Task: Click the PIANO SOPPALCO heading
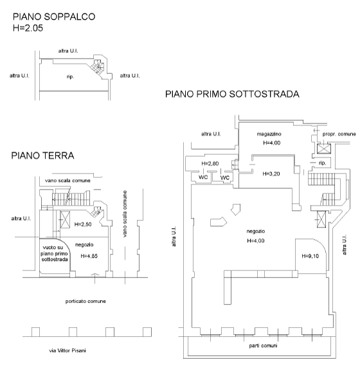[x=54, y=17]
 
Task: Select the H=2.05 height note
[x=28, y=28]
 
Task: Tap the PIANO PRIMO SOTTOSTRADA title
[x=232, y=94]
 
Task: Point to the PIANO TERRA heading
[x=42, y=156]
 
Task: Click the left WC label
[x=203, y=177]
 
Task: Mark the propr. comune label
[x=339, y=134]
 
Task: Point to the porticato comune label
[x=85, y=301]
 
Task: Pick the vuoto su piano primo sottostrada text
[x=51, y=253]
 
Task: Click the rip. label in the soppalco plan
[x=71, y=77]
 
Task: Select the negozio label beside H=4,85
[x=85, y=244]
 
